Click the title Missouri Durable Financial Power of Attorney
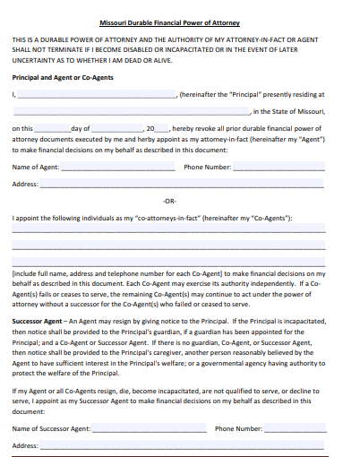(x=181, y=22)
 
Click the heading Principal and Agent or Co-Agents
(x=61, y=78)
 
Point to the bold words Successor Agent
(x=37, y=321)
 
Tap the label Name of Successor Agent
(x=51, y=429)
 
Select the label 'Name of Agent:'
(x=36, y=168)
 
